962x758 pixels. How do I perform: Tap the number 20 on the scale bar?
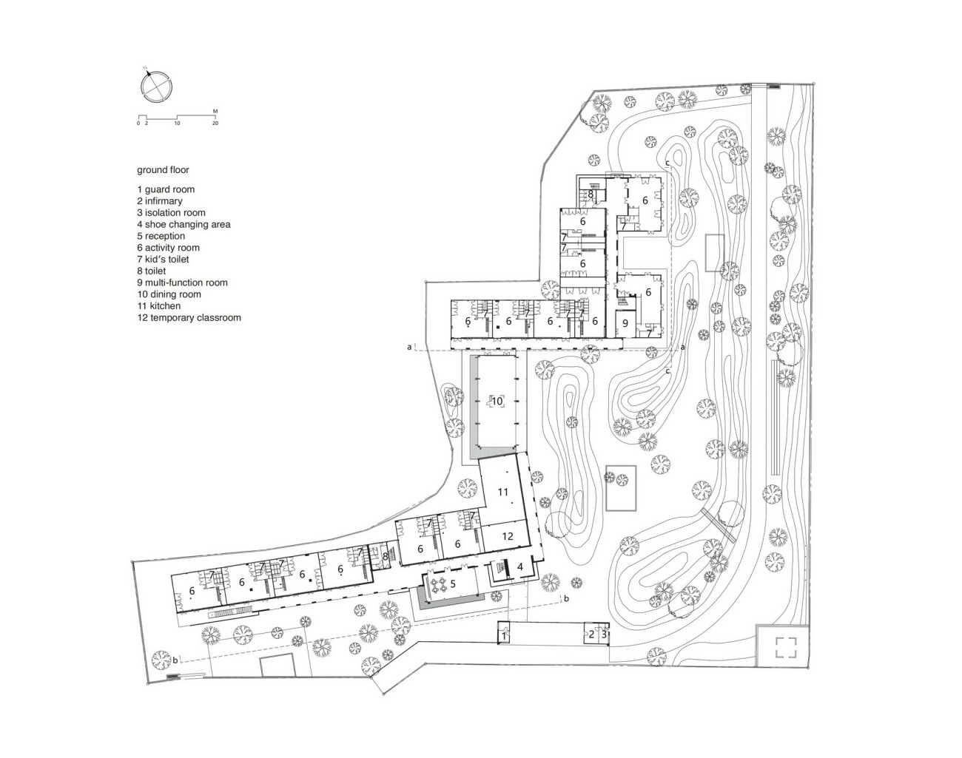click(x=215, y=123)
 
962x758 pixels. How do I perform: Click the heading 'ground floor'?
click(x=163, y=170)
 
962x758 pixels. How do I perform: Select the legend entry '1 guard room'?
click(x=166, y=189)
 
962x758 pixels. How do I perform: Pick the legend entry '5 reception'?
click(x=161, y=236)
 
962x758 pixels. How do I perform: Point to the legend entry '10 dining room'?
click(x=169, y=294)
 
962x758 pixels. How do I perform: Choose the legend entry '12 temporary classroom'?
click(x=189, y=317)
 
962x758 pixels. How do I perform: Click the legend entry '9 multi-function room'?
click(x=182, y=282)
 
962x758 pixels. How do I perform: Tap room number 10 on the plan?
click(x=497, y=401)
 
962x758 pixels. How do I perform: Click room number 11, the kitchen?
click(x=503, y=492)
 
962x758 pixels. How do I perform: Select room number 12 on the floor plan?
click(x=508, y=536)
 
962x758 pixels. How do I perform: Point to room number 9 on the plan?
click(x=625, y=323)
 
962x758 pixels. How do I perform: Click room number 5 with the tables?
click(x=453, y=583)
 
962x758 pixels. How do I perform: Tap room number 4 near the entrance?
click(x=520, y=566)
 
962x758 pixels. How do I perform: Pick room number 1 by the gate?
click(x=504, y=635)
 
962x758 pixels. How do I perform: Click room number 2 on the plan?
click(x=591, y=634)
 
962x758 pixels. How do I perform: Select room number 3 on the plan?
click(x=604, y=633)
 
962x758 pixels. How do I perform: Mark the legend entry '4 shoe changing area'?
click(x=184, y=224)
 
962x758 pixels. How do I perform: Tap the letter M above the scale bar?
click(x=215, y=111)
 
